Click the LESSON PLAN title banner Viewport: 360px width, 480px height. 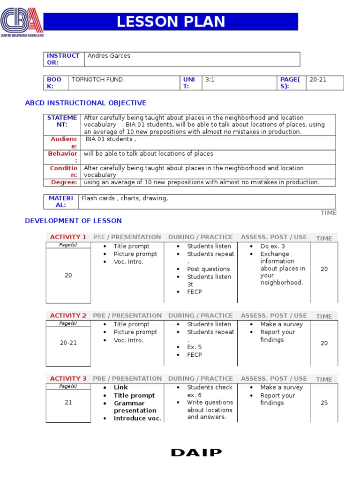tap(171, 22)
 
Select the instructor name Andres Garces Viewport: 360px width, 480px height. tap(109, 56)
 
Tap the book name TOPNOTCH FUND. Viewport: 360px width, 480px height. tap(98, 80)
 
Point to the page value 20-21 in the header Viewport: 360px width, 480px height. tap(318, 80)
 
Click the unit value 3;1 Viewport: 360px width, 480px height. tap(210, 80)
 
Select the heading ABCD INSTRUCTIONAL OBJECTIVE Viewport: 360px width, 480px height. tap(85, 103)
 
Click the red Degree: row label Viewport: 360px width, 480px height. tap(64, 182)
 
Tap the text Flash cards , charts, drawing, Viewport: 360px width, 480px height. tap(125, 198)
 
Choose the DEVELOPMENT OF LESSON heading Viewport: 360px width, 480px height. tap(73, 221)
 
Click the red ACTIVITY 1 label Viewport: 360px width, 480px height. tap(68, 237)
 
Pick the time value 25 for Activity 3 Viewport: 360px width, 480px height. tap(324, 403)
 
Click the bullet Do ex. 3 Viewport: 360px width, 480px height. tap(272, 246)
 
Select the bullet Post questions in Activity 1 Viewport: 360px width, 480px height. tap(208, 269)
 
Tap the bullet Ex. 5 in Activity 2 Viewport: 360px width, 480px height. tap(194, 347)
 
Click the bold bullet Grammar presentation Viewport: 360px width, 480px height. tap(135, 407)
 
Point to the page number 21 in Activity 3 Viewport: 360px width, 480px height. tap(68, 402)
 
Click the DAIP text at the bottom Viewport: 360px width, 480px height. tap(196, 452)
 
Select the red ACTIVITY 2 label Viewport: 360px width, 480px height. tap(68, 316)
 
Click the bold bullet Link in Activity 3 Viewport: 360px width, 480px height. tap(120, 387)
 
